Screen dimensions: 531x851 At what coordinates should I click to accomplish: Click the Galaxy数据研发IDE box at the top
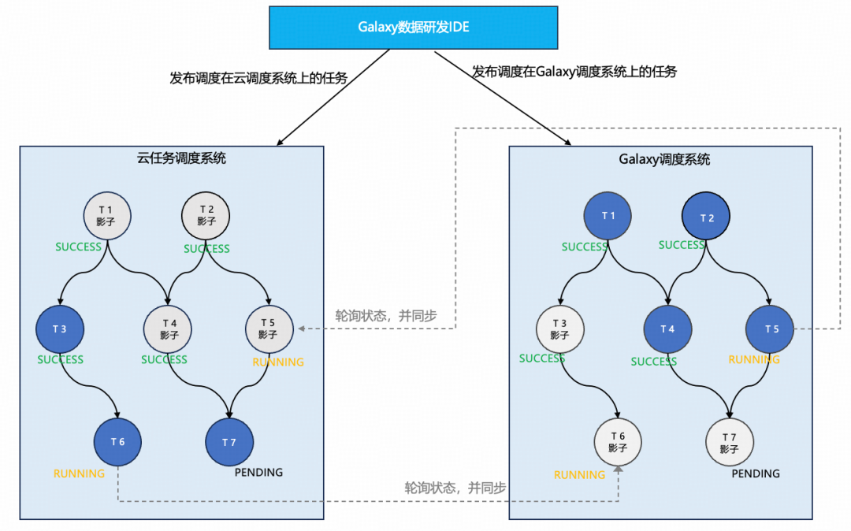coord(414,28)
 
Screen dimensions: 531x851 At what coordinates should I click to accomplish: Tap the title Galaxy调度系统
coord(664,159)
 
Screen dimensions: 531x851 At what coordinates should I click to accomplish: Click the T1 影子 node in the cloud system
coord(107,215)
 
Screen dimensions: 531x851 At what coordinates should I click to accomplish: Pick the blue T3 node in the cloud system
coord(60,329)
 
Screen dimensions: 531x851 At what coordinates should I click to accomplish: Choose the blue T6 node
coord(118,441)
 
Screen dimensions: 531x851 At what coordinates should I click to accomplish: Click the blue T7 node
coord(229,442)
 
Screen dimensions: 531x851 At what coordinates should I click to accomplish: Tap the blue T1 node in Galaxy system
coord(608,216)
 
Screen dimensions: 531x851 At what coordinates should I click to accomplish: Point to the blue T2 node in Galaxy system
coord(707,218)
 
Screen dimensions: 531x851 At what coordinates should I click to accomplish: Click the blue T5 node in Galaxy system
coord(771,329)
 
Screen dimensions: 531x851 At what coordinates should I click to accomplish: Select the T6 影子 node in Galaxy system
coord(618,442)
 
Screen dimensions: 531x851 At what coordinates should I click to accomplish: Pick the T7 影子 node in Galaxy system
coord(729,443)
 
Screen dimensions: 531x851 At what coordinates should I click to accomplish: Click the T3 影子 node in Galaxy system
coord(560,329)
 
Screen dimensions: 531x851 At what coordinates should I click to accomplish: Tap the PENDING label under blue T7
coord(258,473)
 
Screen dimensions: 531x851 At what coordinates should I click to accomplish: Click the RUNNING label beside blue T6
coord(79,473)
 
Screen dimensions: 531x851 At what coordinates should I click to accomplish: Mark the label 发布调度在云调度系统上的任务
coord(258,78)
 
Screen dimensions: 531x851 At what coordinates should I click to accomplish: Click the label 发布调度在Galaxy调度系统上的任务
coord(574,72)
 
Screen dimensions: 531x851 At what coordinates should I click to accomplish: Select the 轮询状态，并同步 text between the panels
coord(386,316)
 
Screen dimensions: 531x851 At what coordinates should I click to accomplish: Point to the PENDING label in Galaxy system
coord(756,473)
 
